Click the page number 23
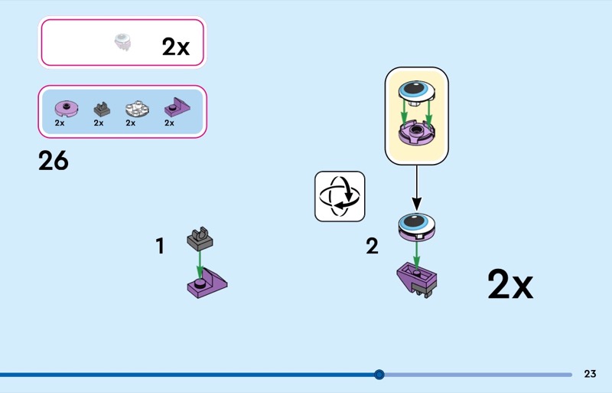pos(590,374)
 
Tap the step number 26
pos(54,161)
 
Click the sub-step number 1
pos(160,246)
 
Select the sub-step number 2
pos(372,246)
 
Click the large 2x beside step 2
pos(509,285)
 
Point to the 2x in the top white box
pos(175,47)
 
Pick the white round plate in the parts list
pos(137,106)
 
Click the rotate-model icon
pos(340,196)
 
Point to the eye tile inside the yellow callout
pos(416,93)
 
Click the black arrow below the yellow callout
pos(416,187)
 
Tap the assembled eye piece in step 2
pos(416,228)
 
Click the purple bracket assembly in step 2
pos(418,280)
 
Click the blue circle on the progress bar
pos(379,375)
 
